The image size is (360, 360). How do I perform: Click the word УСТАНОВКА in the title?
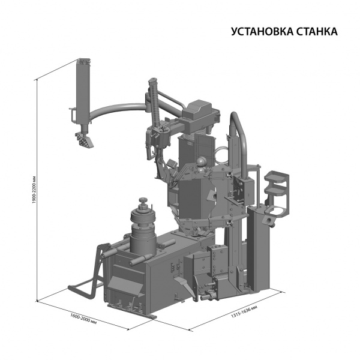coord(262,32)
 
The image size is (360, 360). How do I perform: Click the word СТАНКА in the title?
coord(317,32)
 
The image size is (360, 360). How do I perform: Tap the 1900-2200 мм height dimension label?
coord(34,190)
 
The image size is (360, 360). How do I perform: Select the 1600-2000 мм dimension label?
coord(83,319)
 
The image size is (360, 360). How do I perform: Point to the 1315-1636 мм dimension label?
coord(244,311)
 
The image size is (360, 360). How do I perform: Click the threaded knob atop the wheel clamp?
coord(143,200)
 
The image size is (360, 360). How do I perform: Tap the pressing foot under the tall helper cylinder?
coord(83,140)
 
